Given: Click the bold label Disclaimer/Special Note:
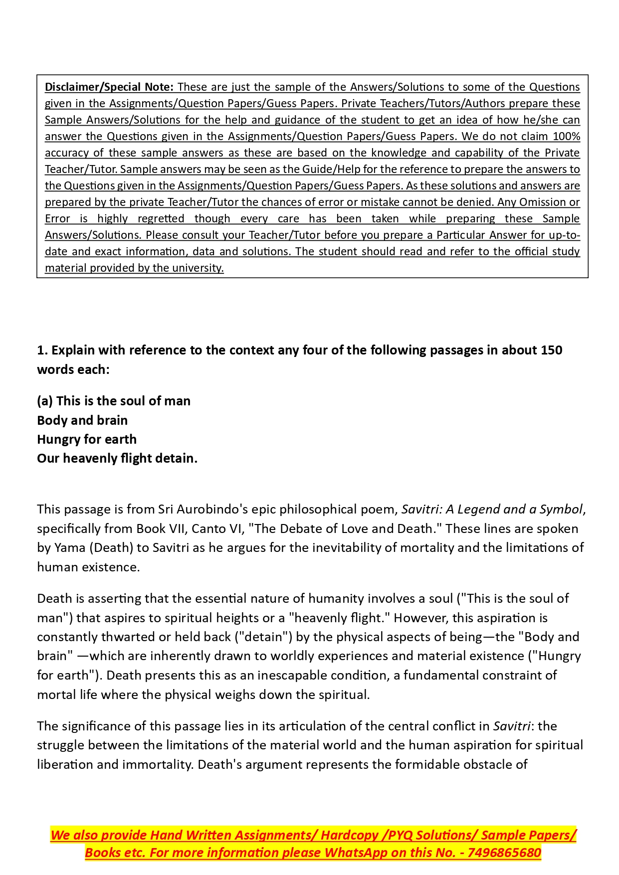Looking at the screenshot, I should [x=109, y=87].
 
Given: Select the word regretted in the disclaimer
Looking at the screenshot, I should [x=161, y=218].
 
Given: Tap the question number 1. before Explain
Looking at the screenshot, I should [x=42, y=350].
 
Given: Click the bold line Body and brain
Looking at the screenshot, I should [x=82, y=420].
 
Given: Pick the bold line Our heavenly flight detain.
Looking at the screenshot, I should [x=117, y=458].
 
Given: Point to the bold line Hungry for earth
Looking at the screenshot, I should [x=87, y=439].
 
